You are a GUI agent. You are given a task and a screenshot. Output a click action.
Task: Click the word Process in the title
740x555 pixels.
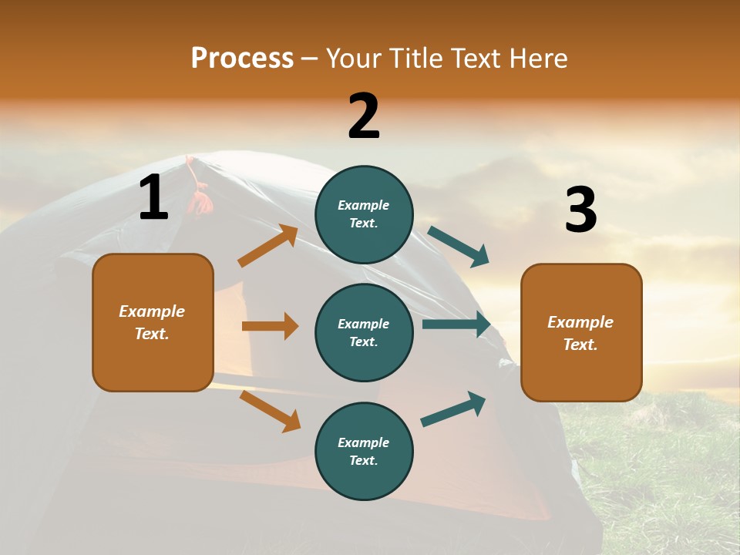(242, 58)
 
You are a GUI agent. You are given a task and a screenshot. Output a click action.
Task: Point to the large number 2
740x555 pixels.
(364, 116)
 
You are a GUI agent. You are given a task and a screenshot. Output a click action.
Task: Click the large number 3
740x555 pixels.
(581, 210)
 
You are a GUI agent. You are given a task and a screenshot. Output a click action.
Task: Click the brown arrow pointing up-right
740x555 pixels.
(268, 246)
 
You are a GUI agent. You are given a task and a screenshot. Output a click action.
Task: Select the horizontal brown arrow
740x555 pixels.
(270, 326)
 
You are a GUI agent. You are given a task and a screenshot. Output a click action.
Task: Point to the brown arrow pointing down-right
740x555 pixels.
(270, 411)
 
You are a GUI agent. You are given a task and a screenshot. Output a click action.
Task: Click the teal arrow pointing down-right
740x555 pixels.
(459, 247)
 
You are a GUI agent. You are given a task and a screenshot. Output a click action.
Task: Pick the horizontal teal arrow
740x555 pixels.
(456, 325)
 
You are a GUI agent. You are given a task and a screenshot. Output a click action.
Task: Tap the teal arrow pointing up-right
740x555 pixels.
(453, 409)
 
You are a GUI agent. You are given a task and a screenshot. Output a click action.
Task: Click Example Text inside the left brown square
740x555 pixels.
(152, 322)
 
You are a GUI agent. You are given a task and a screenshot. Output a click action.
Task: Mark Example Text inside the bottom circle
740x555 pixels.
(364, 451)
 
